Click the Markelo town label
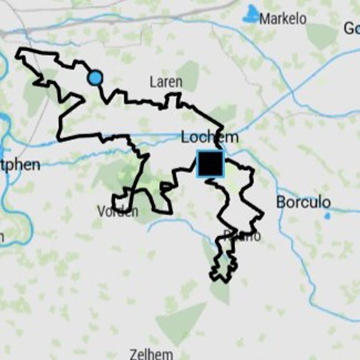click(283, 19)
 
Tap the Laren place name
click(166, 82)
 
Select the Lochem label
click(209, 137)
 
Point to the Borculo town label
click(303, 202)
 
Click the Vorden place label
click(117, 211)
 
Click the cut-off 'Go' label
click(351, 28)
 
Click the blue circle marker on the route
click(95, 78)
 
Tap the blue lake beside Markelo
click(250, 16)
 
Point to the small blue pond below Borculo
click(327, 216)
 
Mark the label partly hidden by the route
click(243, 236)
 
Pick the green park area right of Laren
click(189, 75)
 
